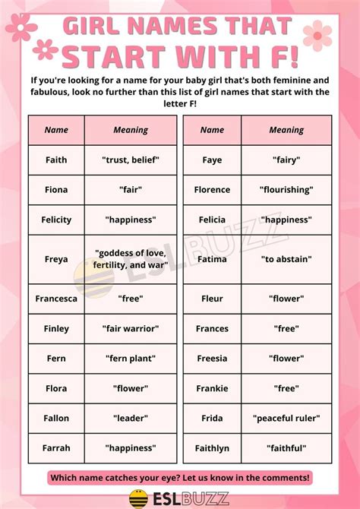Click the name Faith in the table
(56, 160)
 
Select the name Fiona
(56, 190)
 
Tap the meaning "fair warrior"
(131, 329)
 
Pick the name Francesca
(56, 299)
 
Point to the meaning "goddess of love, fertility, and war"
(131, 259)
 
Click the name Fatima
(212, 259)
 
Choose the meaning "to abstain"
(286, 259)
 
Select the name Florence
(212, 190)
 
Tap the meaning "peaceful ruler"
(286, 419)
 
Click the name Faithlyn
(212, 448)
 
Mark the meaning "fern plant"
(131, 359)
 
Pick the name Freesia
(212, 359)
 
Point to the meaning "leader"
(131, 419)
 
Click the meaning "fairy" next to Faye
(286, 160)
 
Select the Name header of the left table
(56, 130)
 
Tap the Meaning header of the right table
(286, 130)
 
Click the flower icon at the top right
(317, 36)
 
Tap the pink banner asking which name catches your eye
(180, 477)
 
